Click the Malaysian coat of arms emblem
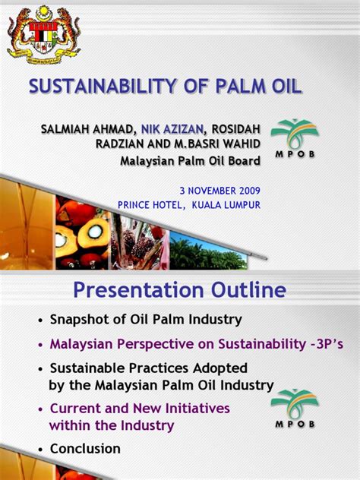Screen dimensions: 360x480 click(44, 35)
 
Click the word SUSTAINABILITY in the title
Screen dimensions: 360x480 click(103, 86)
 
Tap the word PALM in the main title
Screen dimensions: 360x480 click(241, 86)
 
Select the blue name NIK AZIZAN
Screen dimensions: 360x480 click(172, 129)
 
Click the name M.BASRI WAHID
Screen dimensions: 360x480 click(217, 144)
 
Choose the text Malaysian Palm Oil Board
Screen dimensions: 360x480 click(190, 161)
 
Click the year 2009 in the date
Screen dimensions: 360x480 click(249, 191)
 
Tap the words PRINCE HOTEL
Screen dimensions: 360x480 click(150, 205)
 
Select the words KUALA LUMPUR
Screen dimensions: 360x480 click(226, 205)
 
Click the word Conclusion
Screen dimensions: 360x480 click(85, 448)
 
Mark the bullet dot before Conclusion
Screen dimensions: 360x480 click(40, 450)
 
